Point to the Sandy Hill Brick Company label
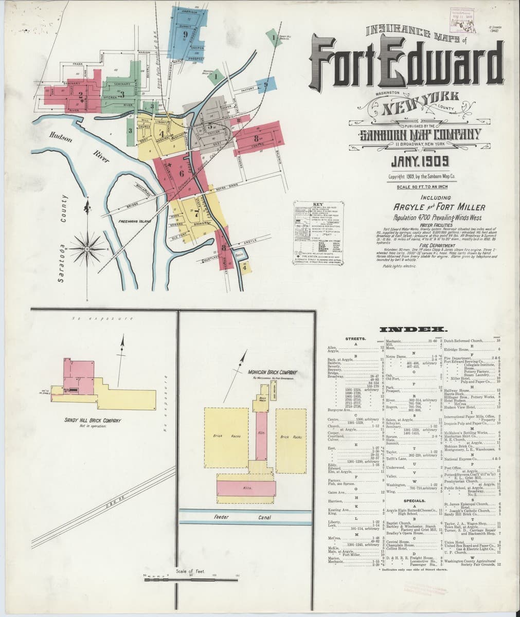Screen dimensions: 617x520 click(93, 421)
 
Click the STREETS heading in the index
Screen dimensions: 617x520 click(355, 339)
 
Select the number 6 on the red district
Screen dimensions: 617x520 click(181, 173)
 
